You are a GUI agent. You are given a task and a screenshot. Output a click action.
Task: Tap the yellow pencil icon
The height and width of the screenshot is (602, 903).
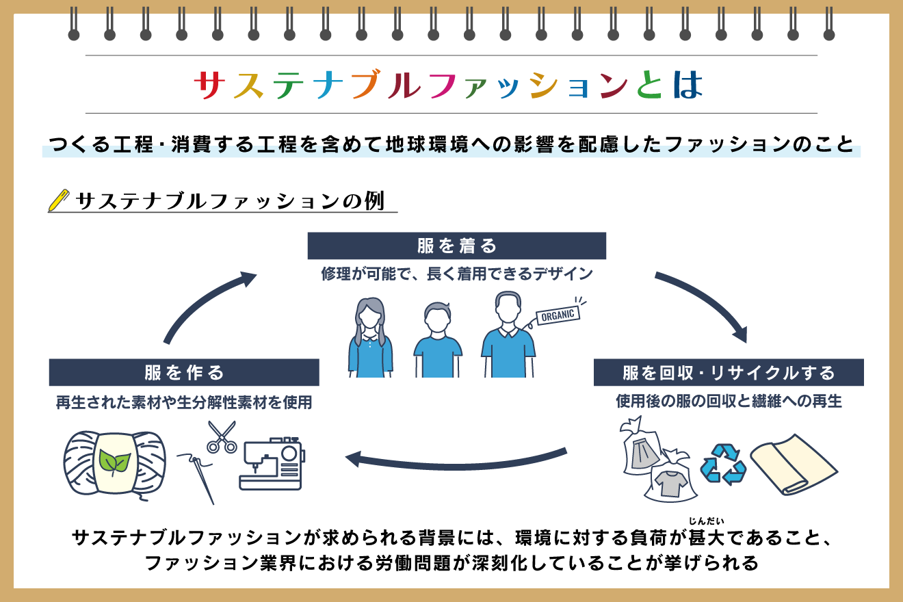tap(60, 200)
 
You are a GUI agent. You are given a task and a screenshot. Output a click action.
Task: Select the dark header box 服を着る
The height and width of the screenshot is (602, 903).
tap(456, 246)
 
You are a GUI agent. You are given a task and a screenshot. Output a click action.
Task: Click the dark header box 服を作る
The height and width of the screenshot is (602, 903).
tap(184, 372)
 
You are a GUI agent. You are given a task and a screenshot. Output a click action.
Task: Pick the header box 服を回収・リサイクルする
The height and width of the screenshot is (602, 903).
tap(728, 373)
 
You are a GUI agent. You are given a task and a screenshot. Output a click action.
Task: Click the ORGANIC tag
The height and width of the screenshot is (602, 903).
tap(558, 315)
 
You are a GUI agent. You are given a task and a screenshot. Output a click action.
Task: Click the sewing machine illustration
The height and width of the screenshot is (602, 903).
tap(272, 465)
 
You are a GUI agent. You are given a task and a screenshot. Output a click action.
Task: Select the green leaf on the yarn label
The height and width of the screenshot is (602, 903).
tap(114, 462)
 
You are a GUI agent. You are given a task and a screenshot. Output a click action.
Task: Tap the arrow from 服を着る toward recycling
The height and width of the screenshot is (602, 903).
tap(705, 301)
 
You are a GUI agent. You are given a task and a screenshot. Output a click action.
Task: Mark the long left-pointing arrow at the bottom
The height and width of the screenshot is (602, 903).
tap(455, 460)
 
